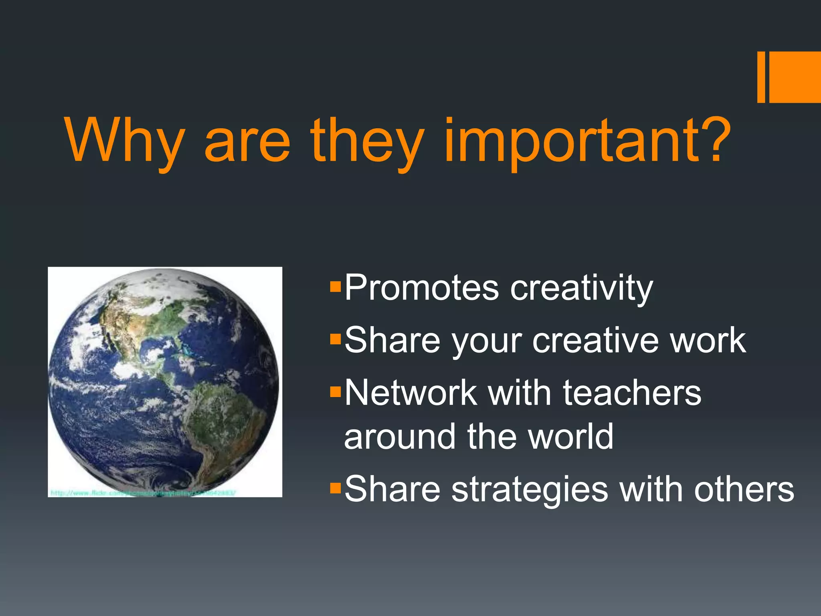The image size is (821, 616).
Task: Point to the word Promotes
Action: tap(421, 288)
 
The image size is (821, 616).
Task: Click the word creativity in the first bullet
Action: tap(581, 289)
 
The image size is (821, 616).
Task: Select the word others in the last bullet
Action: tap(744, 489)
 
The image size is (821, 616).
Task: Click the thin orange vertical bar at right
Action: tap(761, 77)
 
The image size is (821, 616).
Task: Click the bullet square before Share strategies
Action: tap(335, 488)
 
